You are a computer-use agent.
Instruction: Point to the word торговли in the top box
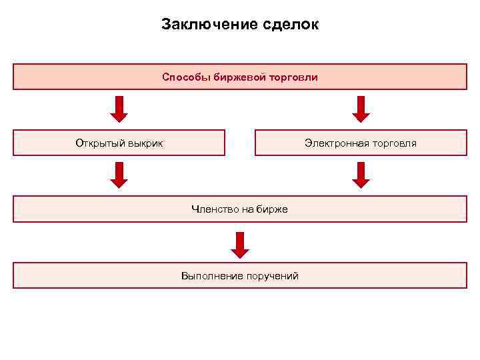click(x=293, y=77)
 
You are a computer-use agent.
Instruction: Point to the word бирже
click(x=273, y=209)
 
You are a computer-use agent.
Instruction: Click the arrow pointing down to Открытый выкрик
click(x=119, y=109)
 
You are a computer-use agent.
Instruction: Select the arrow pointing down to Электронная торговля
click(x=361, y=109)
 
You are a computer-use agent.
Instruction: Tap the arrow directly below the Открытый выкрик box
click(x=119, y=175)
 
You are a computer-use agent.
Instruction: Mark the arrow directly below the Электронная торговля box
click(x=361, y=175)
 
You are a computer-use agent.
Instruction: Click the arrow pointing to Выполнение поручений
click(x=240, y=244)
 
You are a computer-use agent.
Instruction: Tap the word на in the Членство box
click(x=248, y=209)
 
